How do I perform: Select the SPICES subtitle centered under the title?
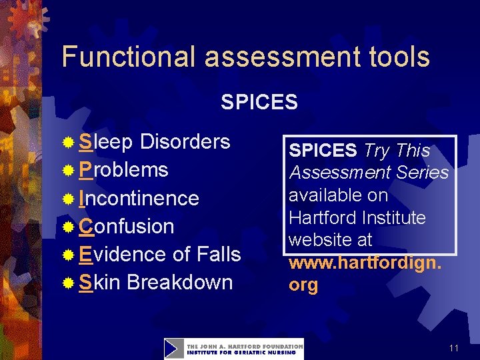pyautogui.click(x=259, y=102)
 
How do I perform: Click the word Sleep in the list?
pyautogui.click(x=106, y=142)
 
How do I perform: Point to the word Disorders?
pyautogui.click(x=185, y=142)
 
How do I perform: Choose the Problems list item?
pyautogui.click(x=123, y=170)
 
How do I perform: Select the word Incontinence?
pyautogui.click(x=139, y=199)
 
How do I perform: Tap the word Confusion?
pyautogui.click(x=126, y=227)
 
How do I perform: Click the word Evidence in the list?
pyautogui.click(x=122, y=254)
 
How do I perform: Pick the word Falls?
pyautogui.click(x=219, y=254)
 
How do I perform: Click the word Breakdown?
pyautogui.click(x=179, y=282)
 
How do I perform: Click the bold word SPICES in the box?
pyautogui.click(x=323, y=151)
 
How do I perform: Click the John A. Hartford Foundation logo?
pyautogui.click(x=233, y=349)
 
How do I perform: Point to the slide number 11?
pyautogui.click(x=453, y=349)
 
